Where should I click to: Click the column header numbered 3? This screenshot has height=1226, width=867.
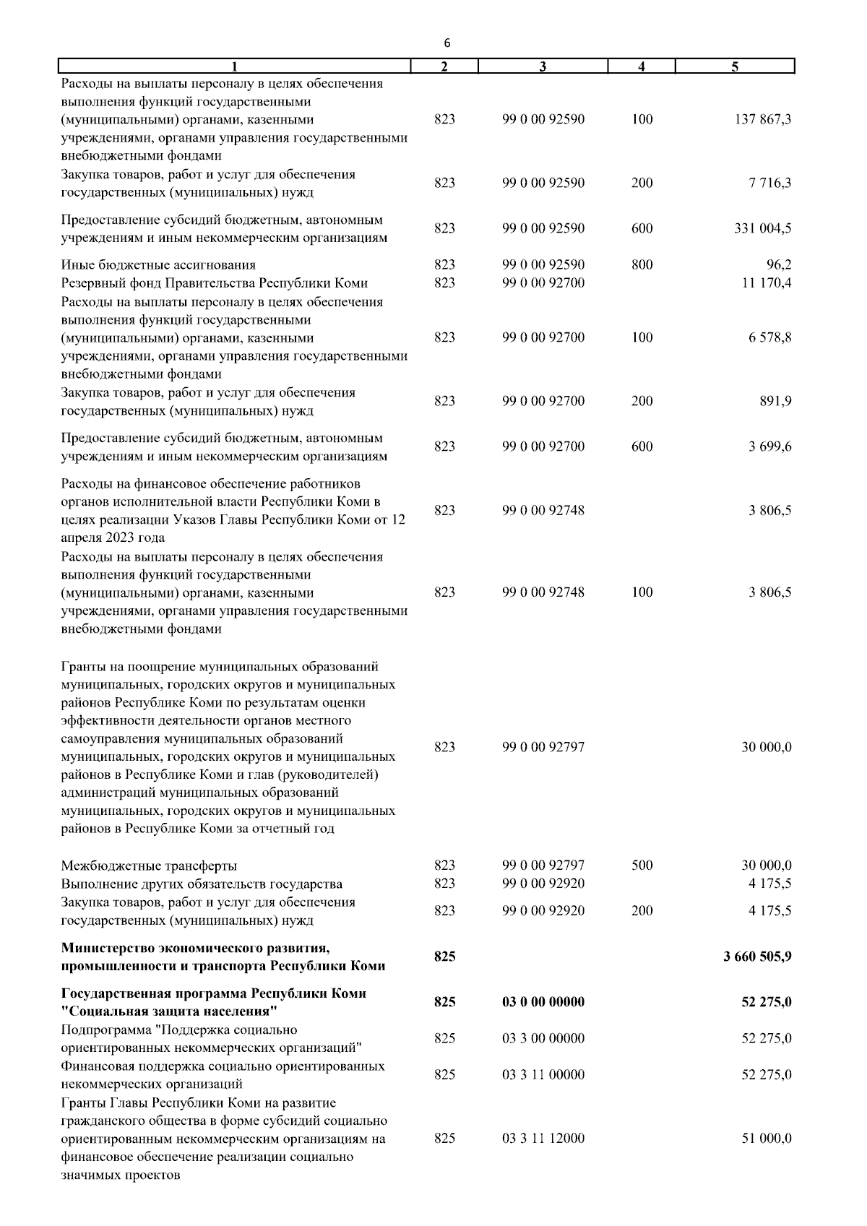coord(543,67)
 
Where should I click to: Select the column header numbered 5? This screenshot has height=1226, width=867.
coord(735,67)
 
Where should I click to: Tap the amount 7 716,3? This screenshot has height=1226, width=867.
coord(769,184)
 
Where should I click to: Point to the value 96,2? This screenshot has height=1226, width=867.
coord(779,265)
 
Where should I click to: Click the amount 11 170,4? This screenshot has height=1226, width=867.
coord(767,283)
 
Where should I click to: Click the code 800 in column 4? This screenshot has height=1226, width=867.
coord(642,265)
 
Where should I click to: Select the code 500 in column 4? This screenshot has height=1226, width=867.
coord(642,865)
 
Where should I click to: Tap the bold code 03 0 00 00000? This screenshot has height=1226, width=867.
coord(543,1003)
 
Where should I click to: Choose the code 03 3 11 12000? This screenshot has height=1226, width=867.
coord(543,1139)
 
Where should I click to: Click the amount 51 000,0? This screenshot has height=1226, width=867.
coord(767,1139)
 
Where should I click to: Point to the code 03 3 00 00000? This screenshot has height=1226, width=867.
coord(543,1039)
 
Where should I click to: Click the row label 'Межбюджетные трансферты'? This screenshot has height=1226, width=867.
coord(149,866)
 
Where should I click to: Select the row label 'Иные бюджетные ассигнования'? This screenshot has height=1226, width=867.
coord(158,265)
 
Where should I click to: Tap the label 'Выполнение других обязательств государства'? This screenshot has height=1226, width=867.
coord(202,884)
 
